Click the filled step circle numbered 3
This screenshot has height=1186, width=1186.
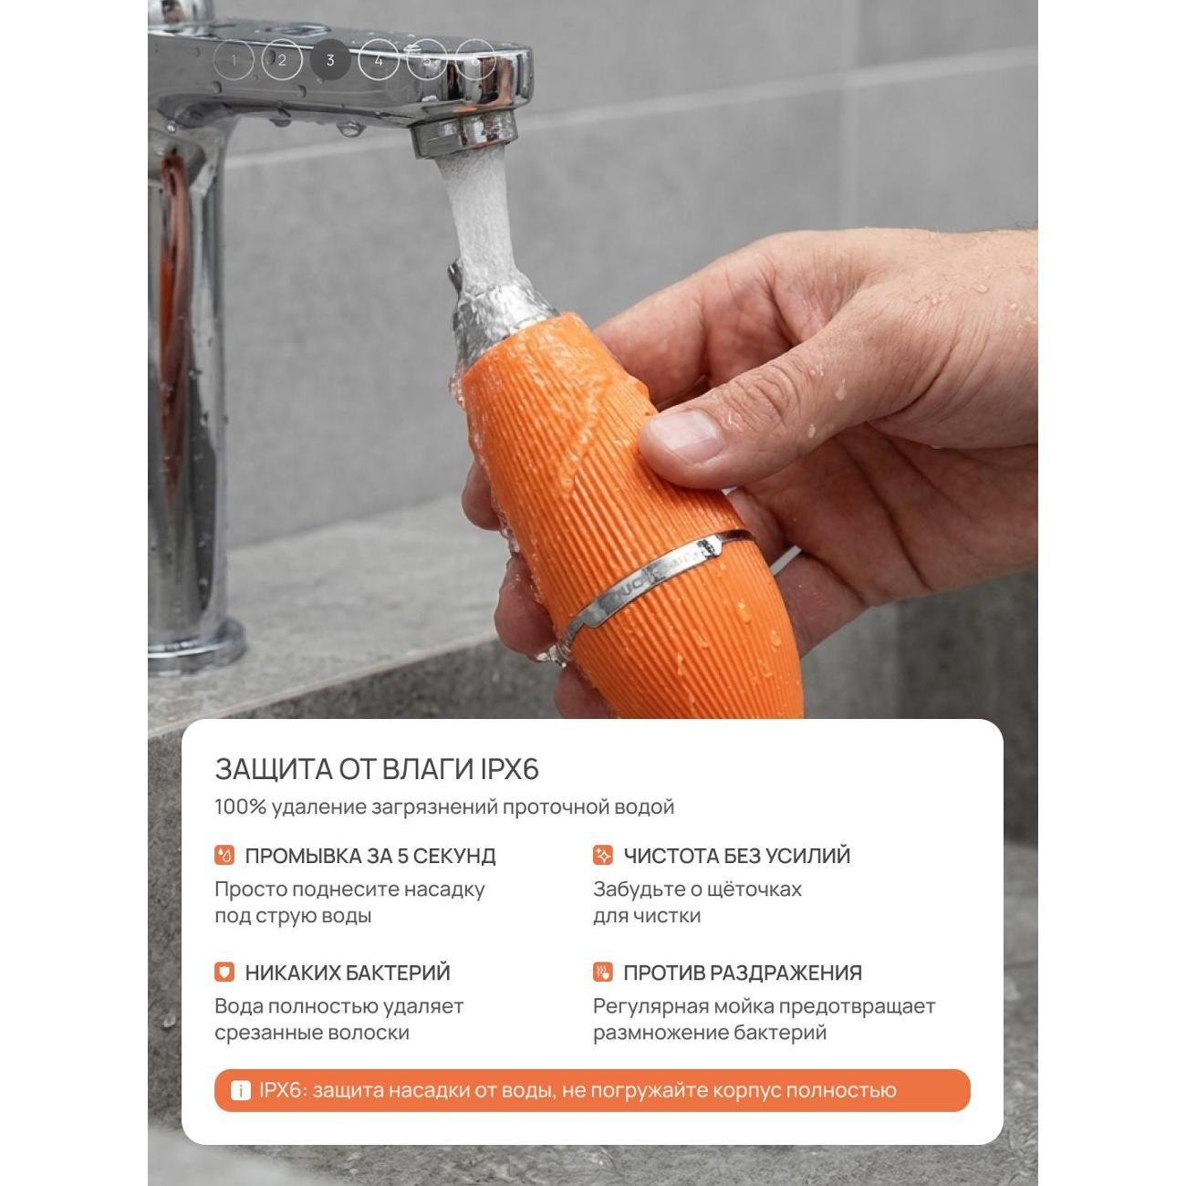tap(330, 60)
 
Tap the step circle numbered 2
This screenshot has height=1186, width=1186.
tap(282, 60)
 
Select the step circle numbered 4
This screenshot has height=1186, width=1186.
tap(379, 60)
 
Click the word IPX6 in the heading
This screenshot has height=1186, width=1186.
tap(510, 770)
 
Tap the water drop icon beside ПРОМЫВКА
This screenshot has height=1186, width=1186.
tap(224, 856)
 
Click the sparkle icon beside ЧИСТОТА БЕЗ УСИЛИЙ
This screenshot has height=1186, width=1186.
tap(603, 856)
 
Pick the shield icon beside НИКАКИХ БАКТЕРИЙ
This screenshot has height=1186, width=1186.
tap(224, 973)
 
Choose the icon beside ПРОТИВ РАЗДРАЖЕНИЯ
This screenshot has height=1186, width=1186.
tap(603, 973)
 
